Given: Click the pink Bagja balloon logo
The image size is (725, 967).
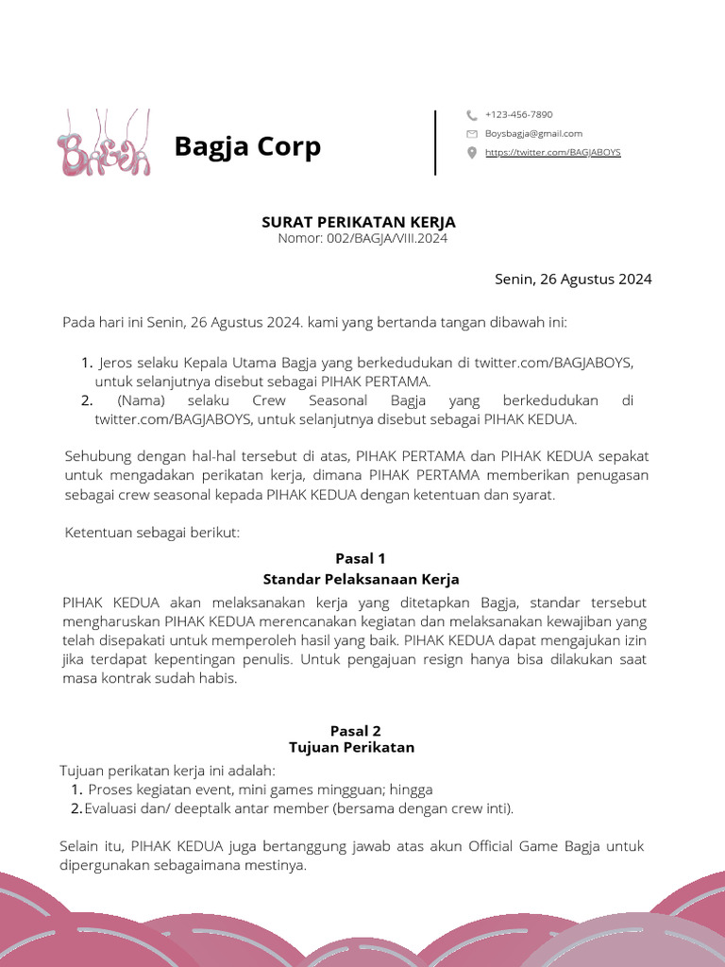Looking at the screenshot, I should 102,144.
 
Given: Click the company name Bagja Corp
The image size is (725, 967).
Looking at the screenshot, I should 247,147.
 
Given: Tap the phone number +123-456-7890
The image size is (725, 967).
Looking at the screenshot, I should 518,114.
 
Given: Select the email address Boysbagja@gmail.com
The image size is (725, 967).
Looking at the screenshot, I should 533,133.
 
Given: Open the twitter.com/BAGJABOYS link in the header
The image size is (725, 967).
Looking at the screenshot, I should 552,152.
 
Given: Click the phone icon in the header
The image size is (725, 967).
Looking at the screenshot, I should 472,115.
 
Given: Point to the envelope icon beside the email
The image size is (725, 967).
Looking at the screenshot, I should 472,134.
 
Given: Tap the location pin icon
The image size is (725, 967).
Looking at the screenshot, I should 472,153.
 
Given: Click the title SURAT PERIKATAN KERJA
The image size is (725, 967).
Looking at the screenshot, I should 358,222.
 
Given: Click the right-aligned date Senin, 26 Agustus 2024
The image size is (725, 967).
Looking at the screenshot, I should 573,279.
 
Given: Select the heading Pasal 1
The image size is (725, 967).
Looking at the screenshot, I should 361,558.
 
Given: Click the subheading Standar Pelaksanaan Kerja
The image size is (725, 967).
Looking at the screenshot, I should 361,578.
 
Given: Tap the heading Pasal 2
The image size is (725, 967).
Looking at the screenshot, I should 355,730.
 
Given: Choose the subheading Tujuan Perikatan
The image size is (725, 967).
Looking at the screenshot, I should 351,747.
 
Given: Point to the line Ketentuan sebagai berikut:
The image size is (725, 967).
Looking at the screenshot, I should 152,533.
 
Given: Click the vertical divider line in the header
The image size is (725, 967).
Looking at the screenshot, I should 435,143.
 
